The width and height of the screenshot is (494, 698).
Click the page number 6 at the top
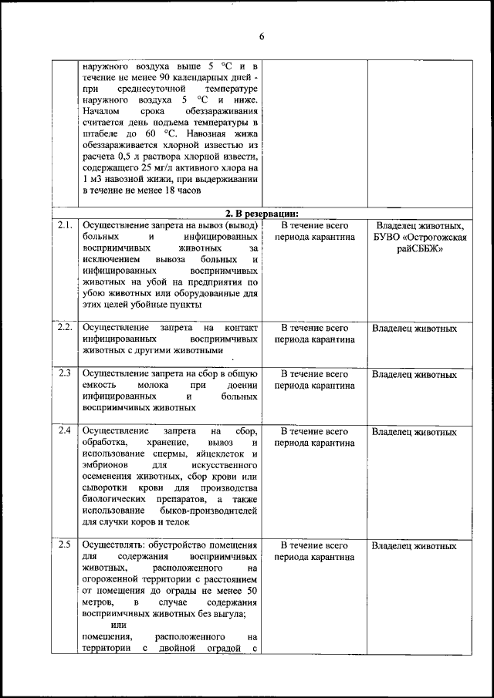[x=262, y=36]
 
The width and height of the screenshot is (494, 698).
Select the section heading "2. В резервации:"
[x=262, y=214]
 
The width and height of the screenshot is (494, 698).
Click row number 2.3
[x=64, y=374]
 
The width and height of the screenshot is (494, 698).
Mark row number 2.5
[x=64, y=546]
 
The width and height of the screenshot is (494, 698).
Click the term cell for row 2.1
[x=314, y=231]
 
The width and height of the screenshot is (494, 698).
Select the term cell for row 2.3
[x=314, y=380]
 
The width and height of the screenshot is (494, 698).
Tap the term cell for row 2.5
[x=314, y=551]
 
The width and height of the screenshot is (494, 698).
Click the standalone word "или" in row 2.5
[x=119, y=625]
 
